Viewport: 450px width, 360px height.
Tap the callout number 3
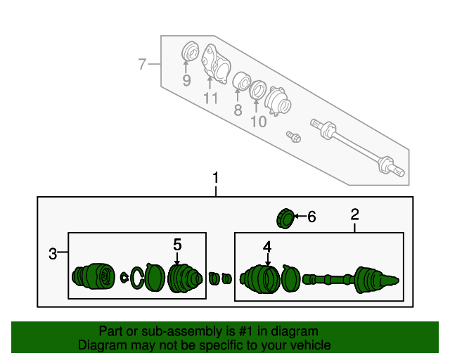coord(53,254)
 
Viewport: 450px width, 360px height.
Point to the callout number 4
coord(267,247)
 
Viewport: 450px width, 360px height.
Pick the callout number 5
coord(177,244)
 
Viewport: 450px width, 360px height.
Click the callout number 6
coord(311,217)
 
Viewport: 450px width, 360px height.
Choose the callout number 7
coord(142,65)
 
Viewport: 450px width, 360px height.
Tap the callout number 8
coord(238,110)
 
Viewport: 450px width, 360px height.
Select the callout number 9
coord(186,81)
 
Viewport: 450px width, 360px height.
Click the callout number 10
coord(258,121)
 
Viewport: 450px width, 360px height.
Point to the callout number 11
coord(211,98)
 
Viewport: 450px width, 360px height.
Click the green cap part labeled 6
coord(285,218)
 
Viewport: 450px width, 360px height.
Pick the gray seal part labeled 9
coord(190,53)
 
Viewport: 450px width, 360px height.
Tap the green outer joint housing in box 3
coord(93,276)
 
